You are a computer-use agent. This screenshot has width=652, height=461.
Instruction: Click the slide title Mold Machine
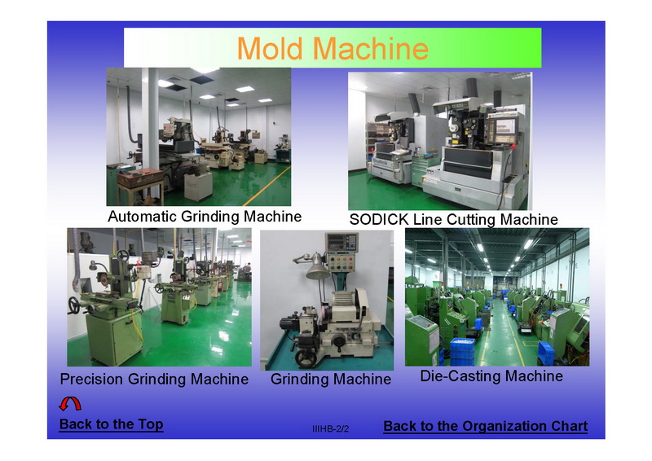click(x=333, y=49)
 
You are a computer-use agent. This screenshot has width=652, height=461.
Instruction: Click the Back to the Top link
click(x=111, y=424)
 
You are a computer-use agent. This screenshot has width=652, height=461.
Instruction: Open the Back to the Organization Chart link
click(x=485, y=426)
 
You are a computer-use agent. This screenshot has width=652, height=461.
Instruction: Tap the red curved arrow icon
click(x=70, y=404)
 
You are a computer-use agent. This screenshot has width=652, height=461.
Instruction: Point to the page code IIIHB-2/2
click(x=330, y=429)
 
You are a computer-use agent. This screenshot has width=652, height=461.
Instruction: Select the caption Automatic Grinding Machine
click(x=205, y=217)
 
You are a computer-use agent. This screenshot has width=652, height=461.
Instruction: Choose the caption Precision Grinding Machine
click(x=154, y=379)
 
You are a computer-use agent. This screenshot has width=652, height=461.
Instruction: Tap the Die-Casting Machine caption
click(x=491, y=376)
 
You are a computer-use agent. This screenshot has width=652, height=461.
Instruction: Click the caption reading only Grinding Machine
click(x=331, y=379)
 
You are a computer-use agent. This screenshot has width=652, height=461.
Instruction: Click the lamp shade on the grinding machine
click(x=318, y=271)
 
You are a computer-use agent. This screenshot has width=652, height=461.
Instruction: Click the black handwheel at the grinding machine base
click(x=306, y=358)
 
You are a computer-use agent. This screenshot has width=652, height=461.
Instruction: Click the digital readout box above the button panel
click(x=341, y=242)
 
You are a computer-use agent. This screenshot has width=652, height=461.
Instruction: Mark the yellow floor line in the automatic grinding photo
click(x=267, y=186)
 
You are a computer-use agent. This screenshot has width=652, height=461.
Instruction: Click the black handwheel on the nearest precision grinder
click(x=74, y=305)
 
